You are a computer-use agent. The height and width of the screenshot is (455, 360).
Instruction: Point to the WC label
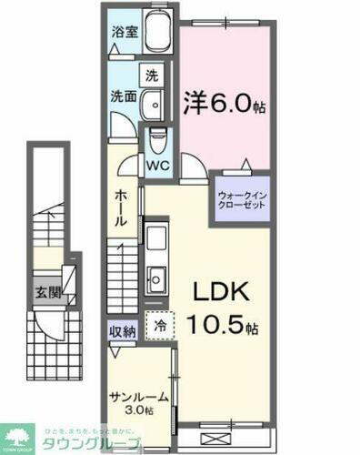[x=157, y=166]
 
